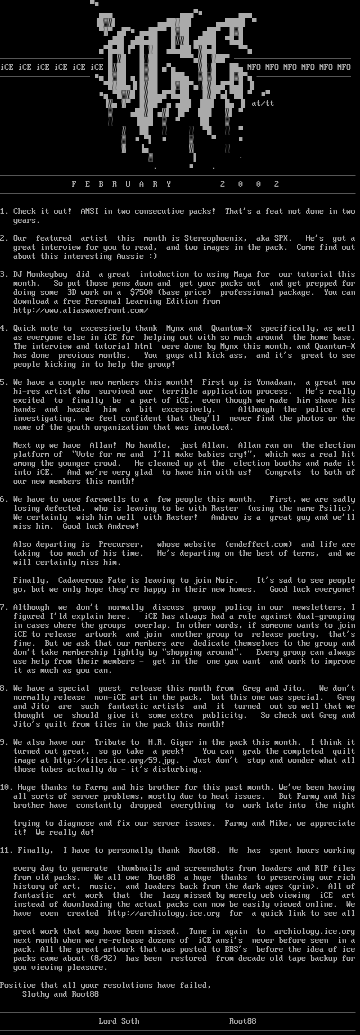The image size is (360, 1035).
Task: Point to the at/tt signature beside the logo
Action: click(x=263, y=103)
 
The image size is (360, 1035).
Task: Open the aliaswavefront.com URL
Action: click(x=80, y=310)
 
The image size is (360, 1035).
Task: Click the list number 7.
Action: click(x=3, y=607)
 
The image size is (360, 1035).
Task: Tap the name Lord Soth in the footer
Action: click(x=119, y=1021)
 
